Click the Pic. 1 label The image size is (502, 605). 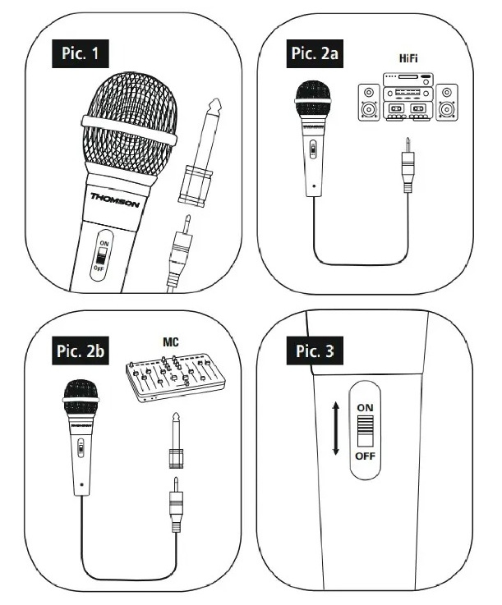coord(81,53)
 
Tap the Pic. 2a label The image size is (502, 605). coord(315,53)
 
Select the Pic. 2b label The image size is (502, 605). coord(81,351)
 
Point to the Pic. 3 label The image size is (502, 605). coord(315,351)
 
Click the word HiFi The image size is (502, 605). coord(408,58)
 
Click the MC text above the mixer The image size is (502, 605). coord(171,341)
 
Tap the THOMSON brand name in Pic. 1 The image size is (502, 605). coord(115,200)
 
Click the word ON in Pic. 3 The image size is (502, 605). coord(365,407)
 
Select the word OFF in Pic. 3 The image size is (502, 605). coord(365,456)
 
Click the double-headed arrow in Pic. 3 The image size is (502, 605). coord(336,429)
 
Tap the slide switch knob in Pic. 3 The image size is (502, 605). coord(365,425)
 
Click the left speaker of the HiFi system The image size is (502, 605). coord(369,103)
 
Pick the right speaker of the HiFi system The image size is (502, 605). coord(447,103)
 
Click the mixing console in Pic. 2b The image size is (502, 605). coord(176,377)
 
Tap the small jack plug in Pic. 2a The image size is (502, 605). coord(408,165)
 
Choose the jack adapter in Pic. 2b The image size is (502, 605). coord(176,440)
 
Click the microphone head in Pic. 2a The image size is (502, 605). coord(313,99)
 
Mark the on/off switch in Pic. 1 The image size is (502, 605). coord(102,255)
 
